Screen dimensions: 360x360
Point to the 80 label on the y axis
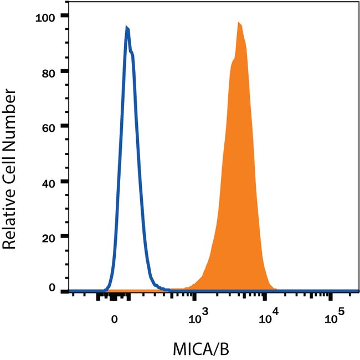[x=50, y=71]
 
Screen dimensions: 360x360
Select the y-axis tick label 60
[x=50, y=126]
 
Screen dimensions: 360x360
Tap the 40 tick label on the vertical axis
[x=50, y=182]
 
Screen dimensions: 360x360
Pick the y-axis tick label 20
[x=50, y=236]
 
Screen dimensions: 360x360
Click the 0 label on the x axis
[x=114, y=319]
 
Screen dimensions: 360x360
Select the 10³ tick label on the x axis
[x=197, y=318]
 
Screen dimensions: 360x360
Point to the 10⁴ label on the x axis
[x=269, y=318]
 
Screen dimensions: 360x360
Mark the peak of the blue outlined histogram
[x=127, y=27]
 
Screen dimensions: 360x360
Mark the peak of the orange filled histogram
[x=239, y=23]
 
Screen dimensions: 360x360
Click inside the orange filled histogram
[x=238, y=166]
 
